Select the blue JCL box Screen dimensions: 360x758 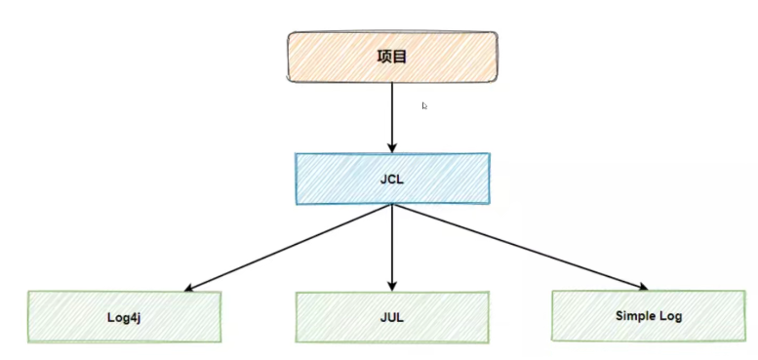click(x=392, y=178)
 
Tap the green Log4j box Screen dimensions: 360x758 click(x=125, y=315)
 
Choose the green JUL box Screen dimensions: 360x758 click(x=391, y=315)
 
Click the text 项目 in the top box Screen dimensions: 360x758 click(x=391, y=57)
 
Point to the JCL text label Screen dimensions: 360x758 click(x=392, y=179)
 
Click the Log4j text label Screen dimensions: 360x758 click(x=125, y=316)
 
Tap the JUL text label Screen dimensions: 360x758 click(x=391, y=316)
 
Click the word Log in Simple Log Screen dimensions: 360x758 click(x=669, y=315)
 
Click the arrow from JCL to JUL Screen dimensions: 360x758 click(x=392, y=244)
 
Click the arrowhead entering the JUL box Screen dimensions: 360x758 click(x=392, y=284)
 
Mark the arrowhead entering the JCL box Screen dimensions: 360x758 click(x=392, y=146)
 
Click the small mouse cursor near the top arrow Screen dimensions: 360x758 click(x=424, y=105)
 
